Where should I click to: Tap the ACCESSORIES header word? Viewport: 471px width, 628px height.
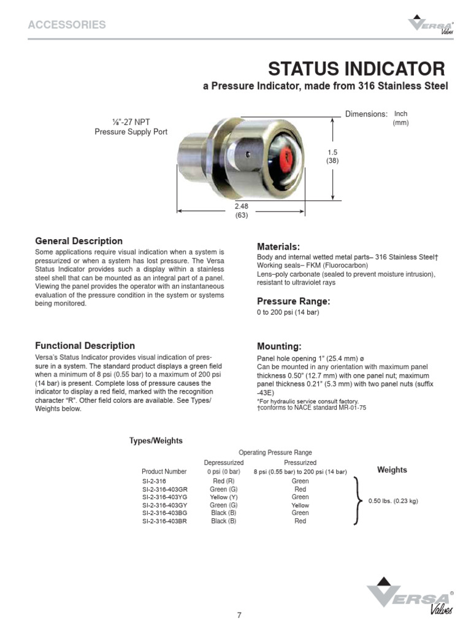coord(67,25)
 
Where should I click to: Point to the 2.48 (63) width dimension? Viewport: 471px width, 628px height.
coord(241,210)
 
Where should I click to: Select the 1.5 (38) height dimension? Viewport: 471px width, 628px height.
coord(332,156)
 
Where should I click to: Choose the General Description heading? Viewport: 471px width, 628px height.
coord(78,241)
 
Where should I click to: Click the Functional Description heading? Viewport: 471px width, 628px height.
coord(85,345)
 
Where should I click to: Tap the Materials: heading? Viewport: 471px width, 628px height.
coord(278,245)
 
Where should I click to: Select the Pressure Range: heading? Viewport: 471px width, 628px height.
coord(293,301)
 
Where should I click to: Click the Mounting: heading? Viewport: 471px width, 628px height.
coord(279,346)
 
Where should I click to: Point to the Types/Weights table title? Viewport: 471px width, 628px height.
coord(156,440)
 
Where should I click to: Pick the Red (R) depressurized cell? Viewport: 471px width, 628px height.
coord(223,481)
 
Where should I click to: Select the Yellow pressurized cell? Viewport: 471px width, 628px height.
coord(300,505)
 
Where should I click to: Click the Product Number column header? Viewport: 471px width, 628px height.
coord(164,472)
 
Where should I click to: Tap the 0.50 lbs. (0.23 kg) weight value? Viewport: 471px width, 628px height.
coord(393,501)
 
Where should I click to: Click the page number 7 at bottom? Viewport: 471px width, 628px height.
coord(240,615)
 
